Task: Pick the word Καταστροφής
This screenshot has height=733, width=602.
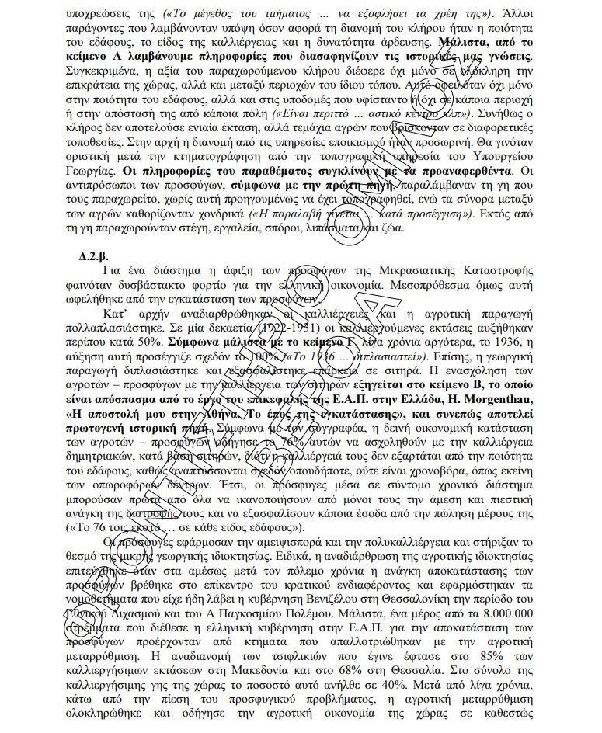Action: click(x=502, y=270)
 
